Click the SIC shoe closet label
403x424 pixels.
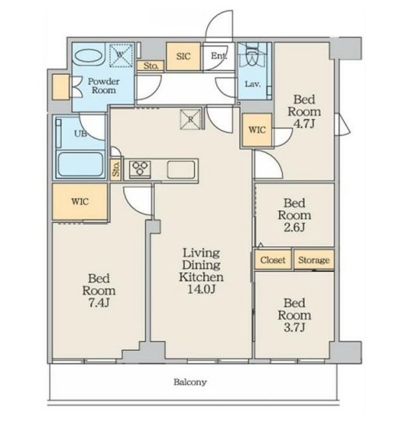point(183,56)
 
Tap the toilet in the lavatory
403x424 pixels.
point(253,55)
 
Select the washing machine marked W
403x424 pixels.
point(121,55)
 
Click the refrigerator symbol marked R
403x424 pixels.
point(191,119)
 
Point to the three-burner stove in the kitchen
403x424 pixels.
point(140,168)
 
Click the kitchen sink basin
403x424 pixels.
point(181,170)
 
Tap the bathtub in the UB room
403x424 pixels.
point(81,164)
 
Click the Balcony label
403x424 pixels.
point(190,382)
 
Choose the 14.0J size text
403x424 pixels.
point(201,289)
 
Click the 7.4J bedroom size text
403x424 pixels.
point(99,303)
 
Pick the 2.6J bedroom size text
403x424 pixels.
point(295,228)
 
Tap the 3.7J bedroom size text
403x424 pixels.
point(295,327)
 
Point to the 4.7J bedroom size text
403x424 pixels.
point(304,124)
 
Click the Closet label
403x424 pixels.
point(273,260)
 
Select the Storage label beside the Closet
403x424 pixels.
point(313,260)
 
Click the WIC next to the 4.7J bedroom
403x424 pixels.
point(257,130)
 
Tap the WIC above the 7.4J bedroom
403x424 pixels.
point(80,201)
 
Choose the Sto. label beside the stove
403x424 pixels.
point(116,169)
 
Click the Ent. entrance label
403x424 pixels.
point(218,56)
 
